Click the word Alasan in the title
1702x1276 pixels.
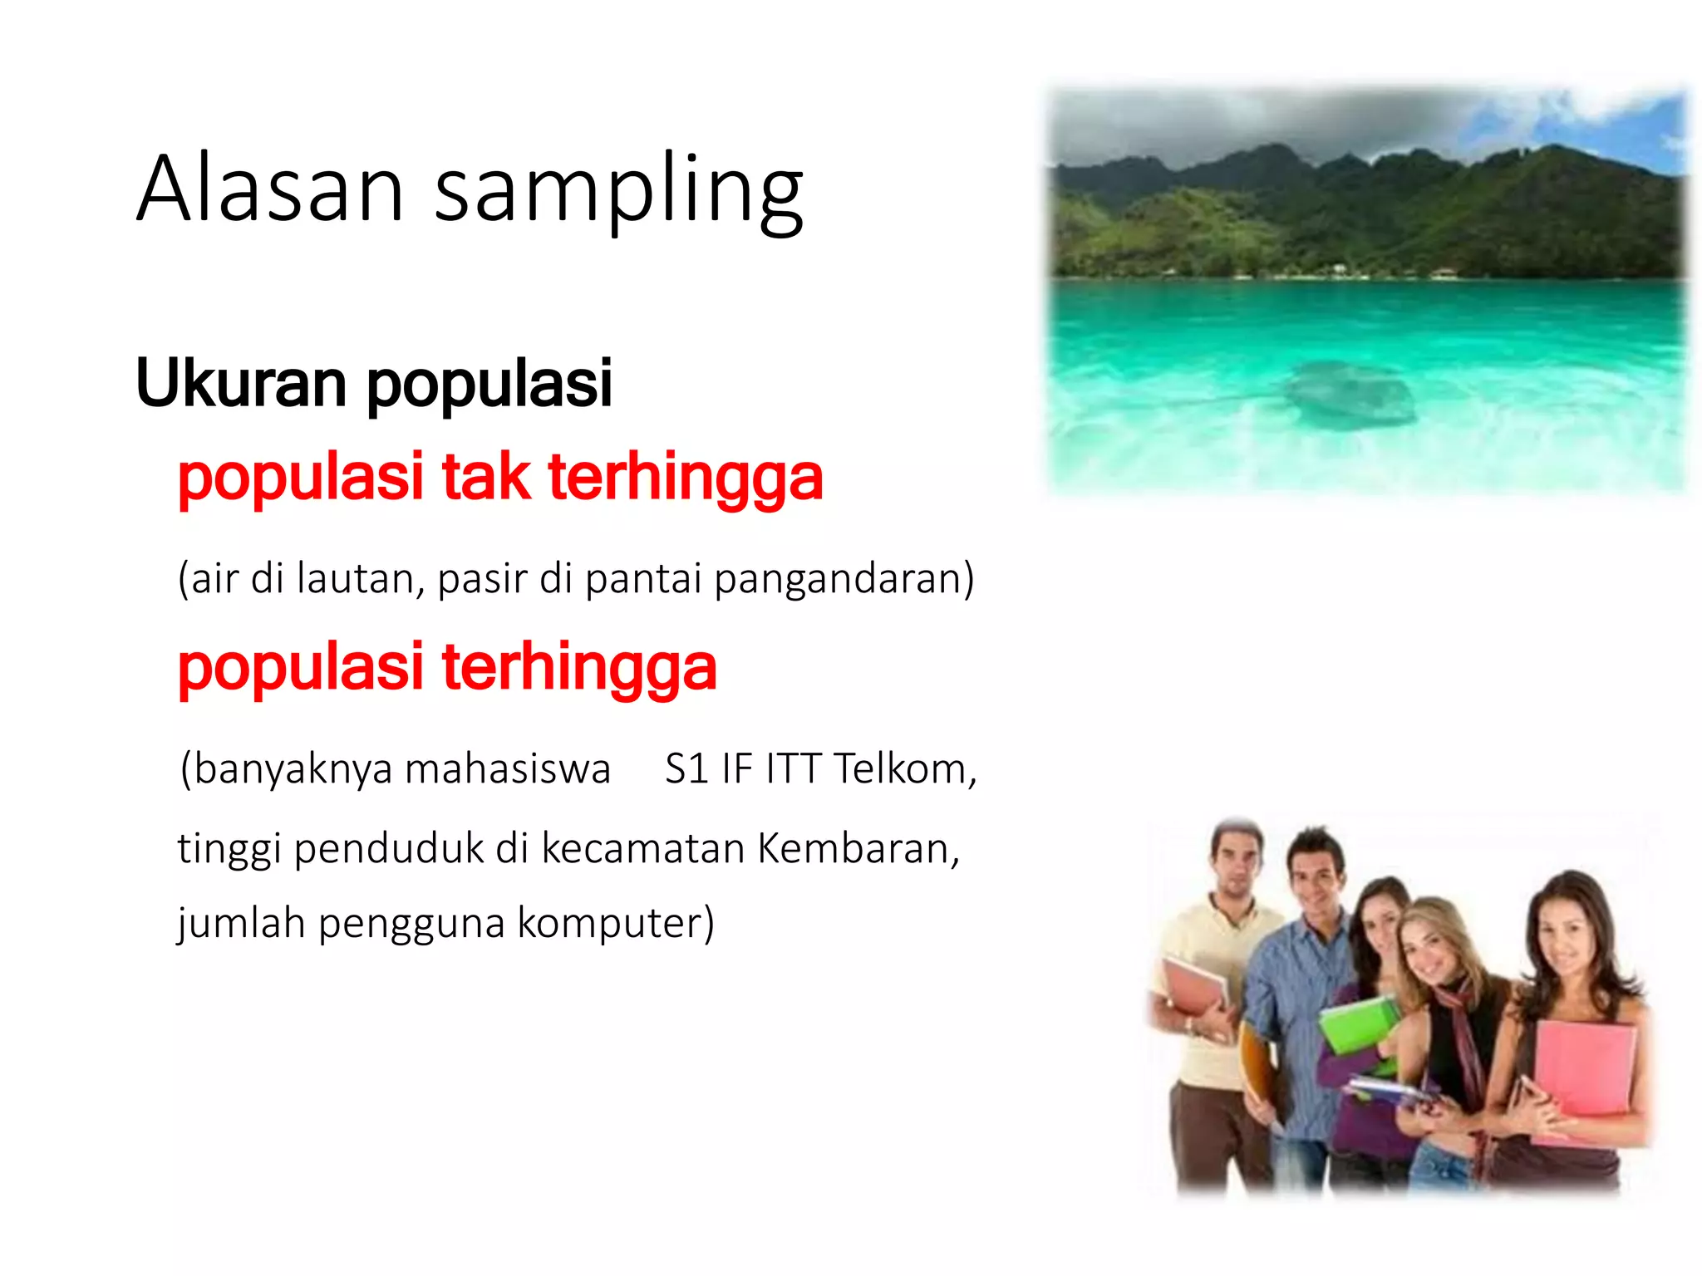pos(270,189)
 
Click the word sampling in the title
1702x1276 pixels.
pos(618,193)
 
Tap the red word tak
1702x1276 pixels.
pos(485,478)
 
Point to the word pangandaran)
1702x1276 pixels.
pos(844,580)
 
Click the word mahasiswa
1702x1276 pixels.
pos(507,768)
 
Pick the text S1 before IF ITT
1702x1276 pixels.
pos(686,768)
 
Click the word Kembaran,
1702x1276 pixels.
pos(858,849)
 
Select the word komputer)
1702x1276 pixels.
pos(615,923)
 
